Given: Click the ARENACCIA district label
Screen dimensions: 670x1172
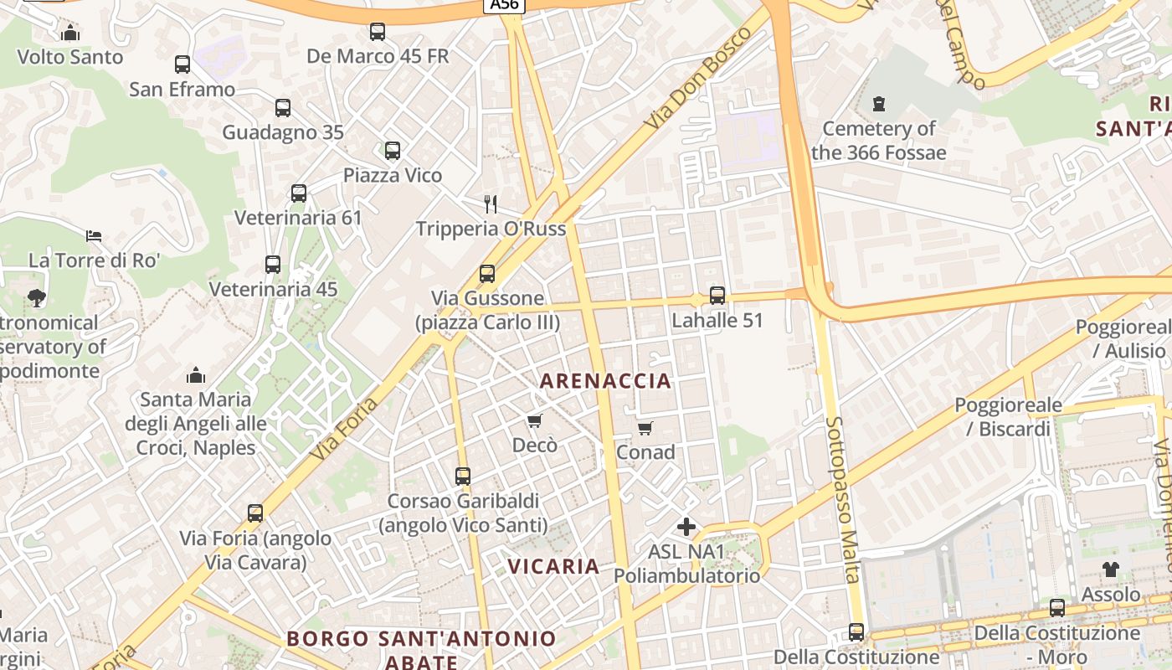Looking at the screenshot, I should click(605, 381).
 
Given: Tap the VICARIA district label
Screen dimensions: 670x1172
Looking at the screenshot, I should click(553, 566).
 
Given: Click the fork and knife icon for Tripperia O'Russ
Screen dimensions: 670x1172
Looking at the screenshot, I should click(491, 204).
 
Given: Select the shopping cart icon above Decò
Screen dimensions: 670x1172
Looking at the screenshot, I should click(535, 420).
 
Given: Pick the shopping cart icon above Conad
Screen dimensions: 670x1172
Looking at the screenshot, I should click(645, 429).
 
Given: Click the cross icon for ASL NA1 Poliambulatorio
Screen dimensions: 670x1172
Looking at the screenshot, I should click(686, 527).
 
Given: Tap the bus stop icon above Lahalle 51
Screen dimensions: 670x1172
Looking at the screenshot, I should click(717, 296).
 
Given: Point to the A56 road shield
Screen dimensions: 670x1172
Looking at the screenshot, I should click(504, 5).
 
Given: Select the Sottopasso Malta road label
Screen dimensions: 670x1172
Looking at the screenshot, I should click(842, 499).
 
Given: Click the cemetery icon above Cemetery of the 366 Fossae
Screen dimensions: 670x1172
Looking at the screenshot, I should click(879, 105).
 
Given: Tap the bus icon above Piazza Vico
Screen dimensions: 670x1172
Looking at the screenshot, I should click(393, 151).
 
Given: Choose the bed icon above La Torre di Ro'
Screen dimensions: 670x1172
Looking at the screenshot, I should click(94, 236).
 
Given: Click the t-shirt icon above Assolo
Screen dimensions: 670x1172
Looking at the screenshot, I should click(1110, 569).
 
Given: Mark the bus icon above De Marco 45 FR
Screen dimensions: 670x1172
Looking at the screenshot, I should click(378, 32).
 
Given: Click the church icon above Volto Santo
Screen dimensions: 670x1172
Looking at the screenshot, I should click(70, 33).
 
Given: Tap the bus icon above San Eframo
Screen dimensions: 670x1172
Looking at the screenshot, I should click(182, 64).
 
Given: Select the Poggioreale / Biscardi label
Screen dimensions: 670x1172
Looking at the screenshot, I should click(1008, 417).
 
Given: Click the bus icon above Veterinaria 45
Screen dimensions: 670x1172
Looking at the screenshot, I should click(273, 265).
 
